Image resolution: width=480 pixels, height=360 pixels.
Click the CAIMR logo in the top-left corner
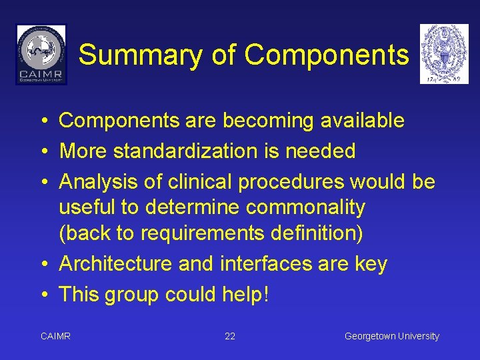41,54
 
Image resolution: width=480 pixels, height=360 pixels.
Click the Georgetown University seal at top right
444,54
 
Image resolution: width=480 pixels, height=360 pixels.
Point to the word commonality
305,207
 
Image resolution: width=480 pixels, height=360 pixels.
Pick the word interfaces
266,264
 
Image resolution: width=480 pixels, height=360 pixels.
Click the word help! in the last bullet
245,294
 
